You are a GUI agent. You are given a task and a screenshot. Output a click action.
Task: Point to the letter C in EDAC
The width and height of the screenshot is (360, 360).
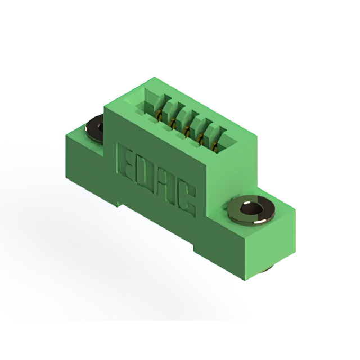[x=187, y=199]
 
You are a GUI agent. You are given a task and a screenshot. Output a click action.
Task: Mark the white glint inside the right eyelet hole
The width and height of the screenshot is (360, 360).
[x=247, y=203]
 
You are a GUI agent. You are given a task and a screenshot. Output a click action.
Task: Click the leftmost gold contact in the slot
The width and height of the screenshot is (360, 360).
[x=159, y=114]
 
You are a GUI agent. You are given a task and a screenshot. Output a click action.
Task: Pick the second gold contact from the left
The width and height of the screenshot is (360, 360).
[x=173, y=123]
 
